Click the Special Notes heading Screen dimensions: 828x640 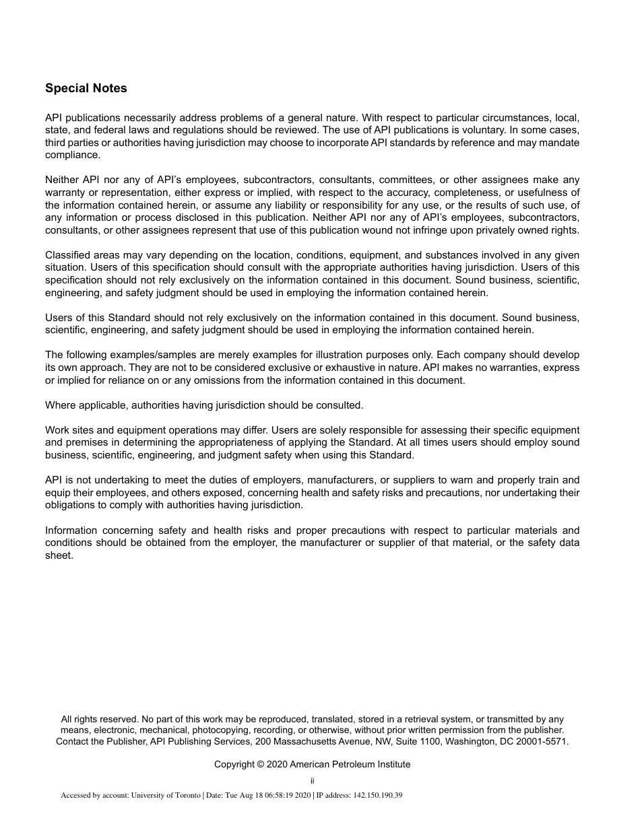(x=86, y=88)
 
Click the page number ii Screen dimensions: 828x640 (x=312, y=782)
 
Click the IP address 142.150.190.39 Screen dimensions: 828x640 (x=377, y=796)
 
